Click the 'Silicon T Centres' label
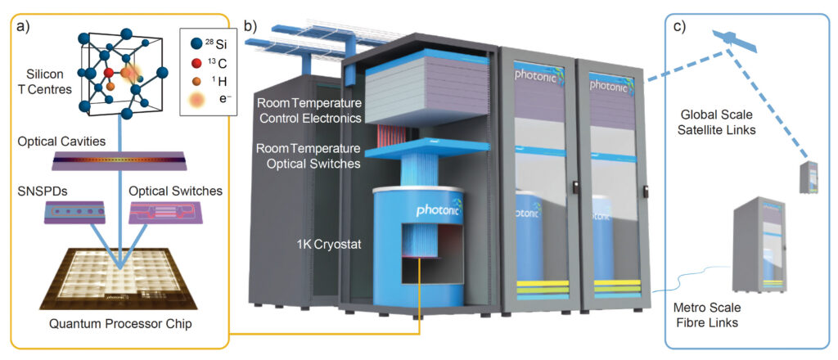click(48, 81)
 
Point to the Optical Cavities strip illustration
click(119, 160)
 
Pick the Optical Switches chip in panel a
click(164, 213)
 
